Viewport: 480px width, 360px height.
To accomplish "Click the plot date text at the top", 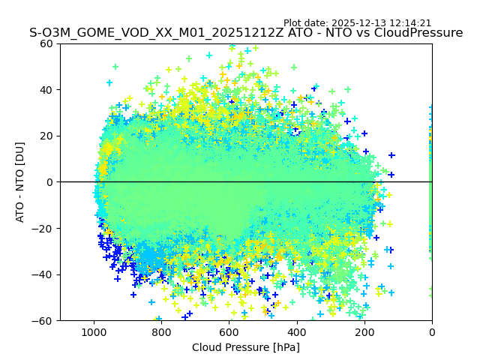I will (x=357, y=23).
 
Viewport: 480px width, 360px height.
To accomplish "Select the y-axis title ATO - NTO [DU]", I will (x=21, y=182).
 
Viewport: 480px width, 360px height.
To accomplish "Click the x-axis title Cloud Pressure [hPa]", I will (x=246, y=347).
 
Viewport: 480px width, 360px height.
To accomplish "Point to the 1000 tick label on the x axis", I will (x=94, y=331).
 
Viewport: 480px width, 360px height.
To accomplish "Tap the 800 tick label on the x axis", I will (x=161, y=331).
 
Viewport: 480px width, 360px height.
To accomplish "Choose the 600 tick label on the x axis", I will (x=229, y=331).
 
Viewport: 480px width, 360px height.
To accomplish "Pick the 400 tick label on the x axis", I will (x=296, y=331).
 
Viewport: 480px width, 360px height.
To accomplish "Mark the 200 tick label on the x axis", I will (x=364, y=331).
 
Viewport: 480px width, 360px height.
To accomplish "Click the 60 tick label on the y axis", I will (x=46, y=43).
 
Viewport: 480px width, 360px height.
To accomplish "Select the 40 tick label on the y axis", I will (x=46, y=90).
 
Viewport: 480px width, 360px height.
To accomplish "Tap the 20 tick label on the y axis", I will (x=46, y=136).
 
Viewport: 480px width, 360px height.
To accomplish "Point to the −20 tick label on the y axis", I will (x=43, y=228).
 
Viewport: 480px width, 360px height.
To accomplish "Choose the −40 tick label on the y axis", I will (x=43, y=274).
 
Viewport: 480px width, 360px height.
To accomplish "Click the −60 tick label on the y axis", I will (x=43, y=320).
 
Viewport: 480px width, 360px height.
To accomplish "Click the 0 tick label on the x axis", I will (x=431, y=331).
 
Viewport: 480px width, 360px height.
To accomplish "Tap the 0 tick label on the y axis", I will (x=49, y=182).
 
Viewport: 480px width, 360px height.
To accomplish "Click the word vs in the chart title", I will (x=353, y=33).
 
